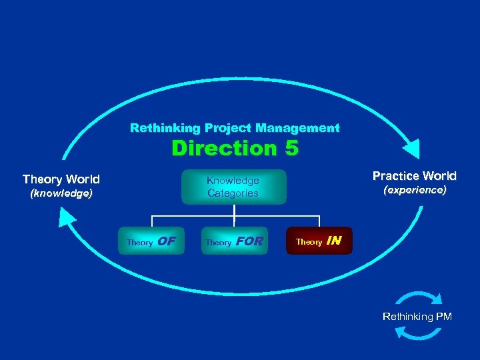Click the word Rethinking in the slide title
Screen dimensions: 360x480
(156, 127)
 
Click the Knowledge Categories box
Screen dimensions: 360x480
(233, 187)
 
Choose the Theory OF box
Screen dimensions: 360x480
(151, 241)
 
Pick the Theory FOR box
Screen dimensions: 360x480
(233, 241)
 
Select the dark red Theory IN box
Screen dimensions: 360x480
(319, 241)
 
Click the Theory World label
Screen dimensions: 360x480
(61, 179)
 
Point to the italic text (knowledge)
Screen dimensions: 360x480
(61, 194)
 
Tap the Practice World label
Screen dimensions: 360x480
(414, 176)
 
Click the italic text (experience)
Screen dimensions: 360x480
(414, 190)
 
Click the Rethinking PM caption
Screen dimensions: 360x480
(417, 316)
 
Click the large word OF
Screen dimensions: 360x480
(167, 241)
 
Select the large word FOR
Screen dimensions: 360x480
(250, 241)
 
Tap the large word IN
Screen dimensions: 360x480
(334, 241)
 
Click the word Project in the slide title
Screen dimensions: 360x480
(228, 127)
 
